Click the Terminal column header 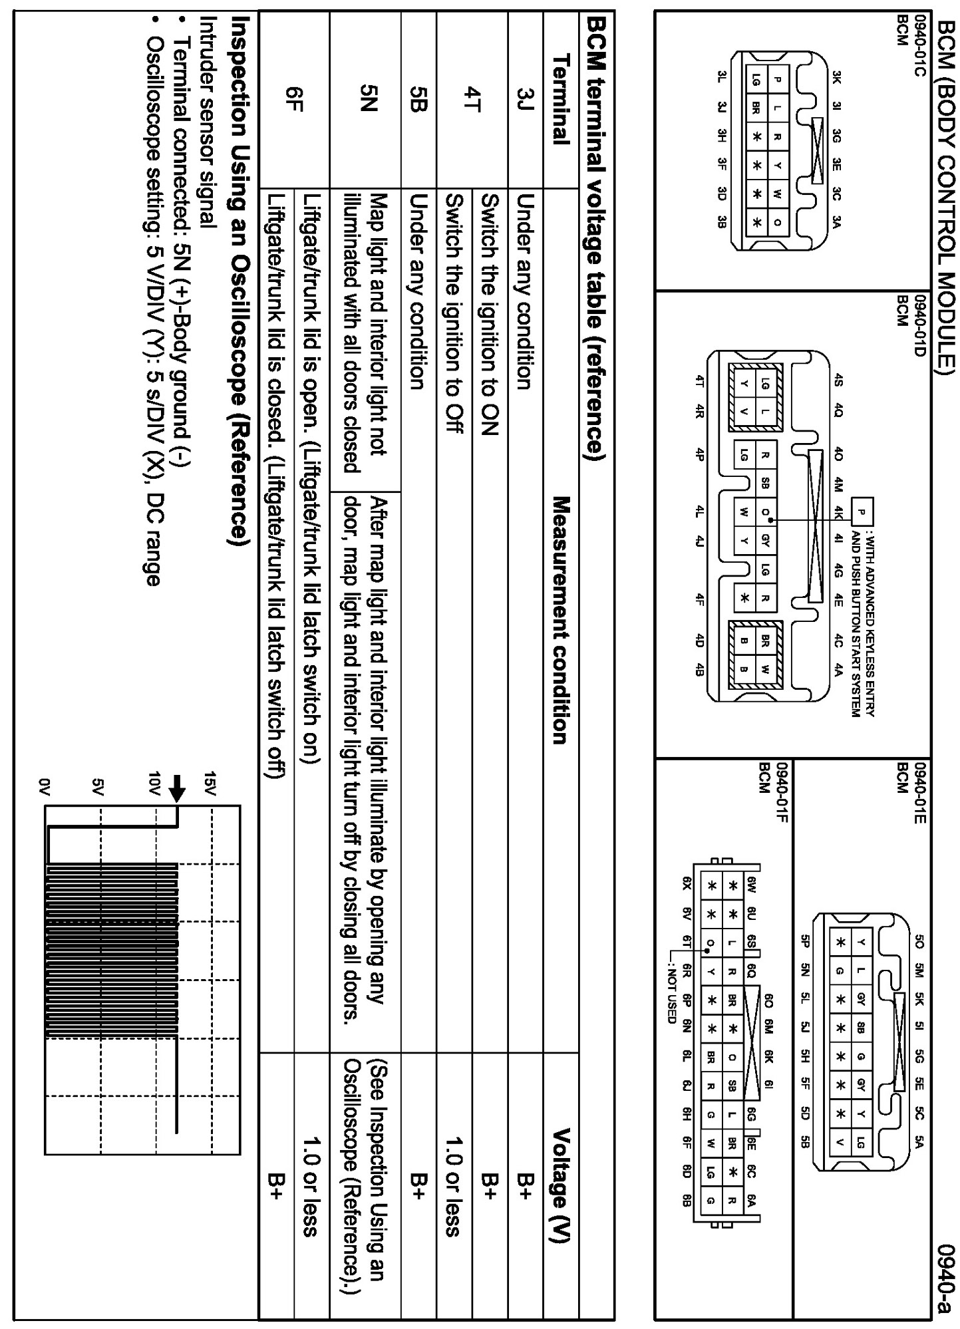561,99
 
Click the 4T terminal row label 472,99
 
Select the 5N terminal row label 365,99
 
